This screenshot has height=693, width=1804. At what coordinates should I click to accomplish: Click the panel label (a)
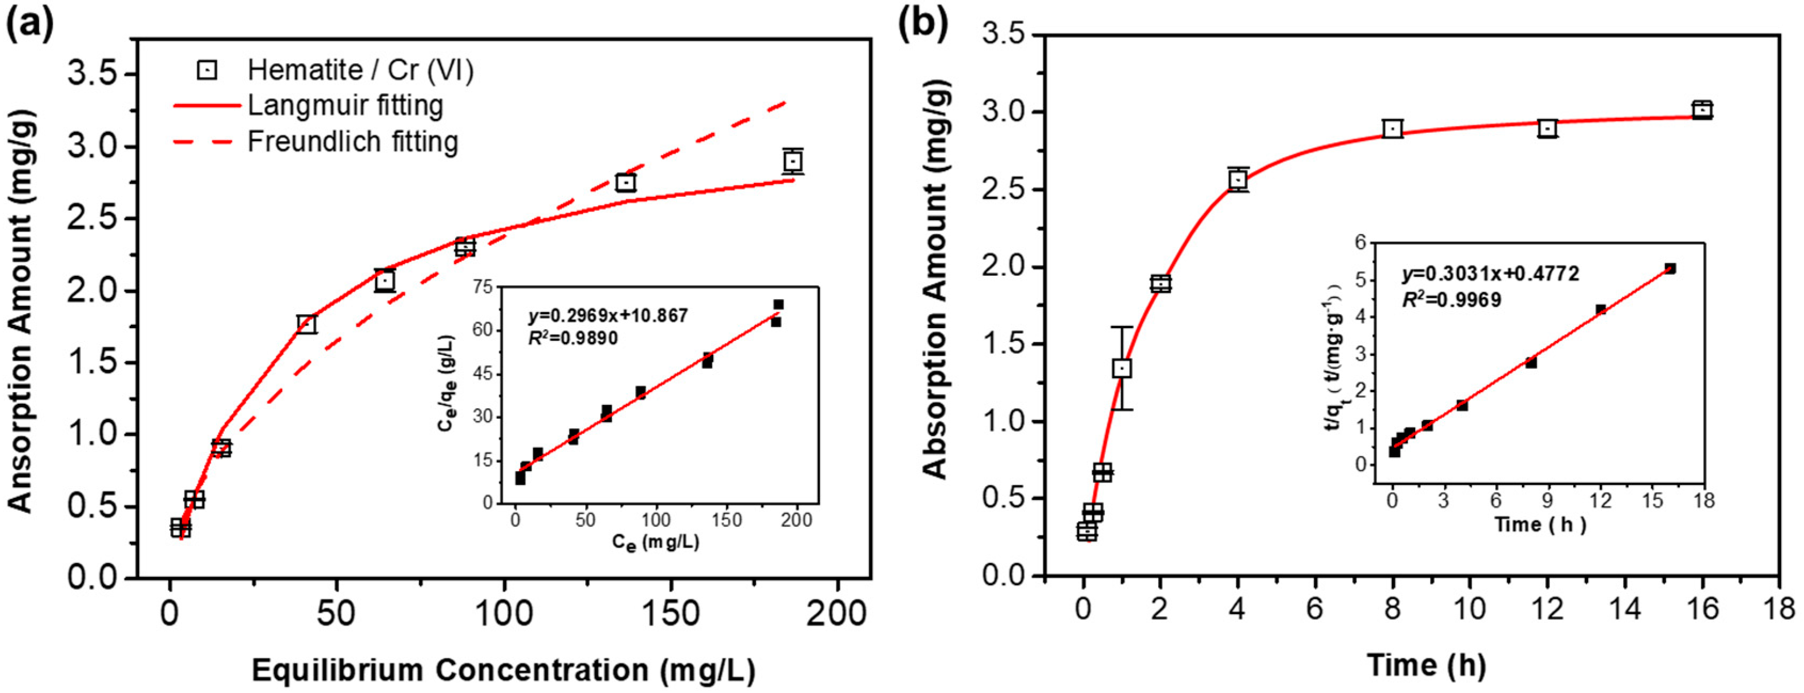(x=29, y=26)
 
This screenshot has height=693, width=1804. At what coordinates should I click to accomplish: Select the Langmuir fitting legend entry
(x=345, y=106)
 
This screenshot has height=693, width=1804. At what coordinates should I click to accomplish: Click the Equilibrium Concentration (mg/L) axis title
(x=503, y=670)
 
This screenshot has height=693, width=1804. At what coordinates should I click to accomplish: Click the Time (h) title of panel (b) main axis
(x=1426, y=664)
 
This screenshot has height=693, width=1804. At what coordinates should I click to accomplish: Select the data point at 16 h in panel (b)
(x=1702, y=110)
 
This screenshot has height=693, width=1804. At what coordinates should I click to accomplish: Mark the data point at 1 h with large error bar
(x=1122, y=369)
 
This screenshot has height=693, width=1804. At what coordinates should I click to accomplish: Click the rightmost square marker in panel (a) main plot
(x=793, y=161)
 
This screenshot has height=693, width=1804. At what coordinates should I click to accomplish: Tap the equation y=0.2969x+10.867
(x=608, y=316)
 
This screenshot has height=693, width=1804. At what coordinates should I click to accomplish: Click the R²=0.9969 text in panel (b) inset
(x=1451, y=300)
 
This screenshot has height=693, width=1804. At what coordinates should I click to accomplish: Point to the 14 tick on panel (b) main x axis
(x=1625, y=608)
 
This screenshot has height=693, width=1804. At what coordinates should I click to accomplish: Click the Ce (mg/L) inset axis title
(x=655, y=541)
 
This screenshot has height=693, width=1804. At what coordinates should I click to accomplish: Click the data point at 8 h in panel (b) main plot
(x=1393, y=129)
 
